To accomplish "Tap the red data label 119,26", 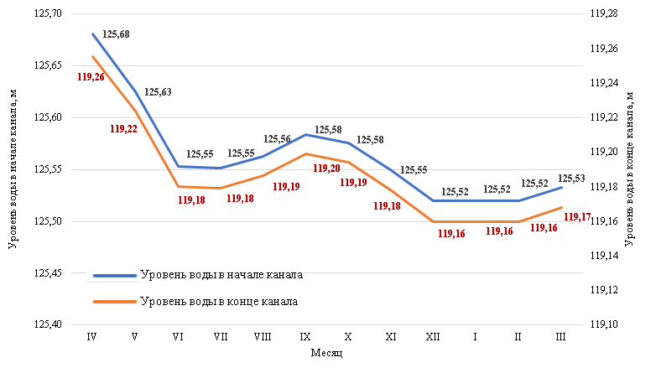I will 91,76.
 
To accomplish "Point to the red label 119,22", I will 123,128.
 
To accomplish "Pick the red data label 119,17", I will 577,217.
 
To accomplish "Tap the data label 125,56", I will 278,139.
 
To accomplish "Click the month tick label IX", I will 305,336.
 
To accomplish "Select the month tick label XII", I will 433,336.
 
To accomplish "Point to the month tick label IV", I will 91,336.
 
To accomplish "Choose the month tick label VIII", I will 262,336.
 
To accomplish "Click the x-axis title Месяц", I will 326,354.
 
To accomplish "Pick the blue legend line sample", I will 114,275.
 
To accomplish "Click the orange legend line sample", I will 114,301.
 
